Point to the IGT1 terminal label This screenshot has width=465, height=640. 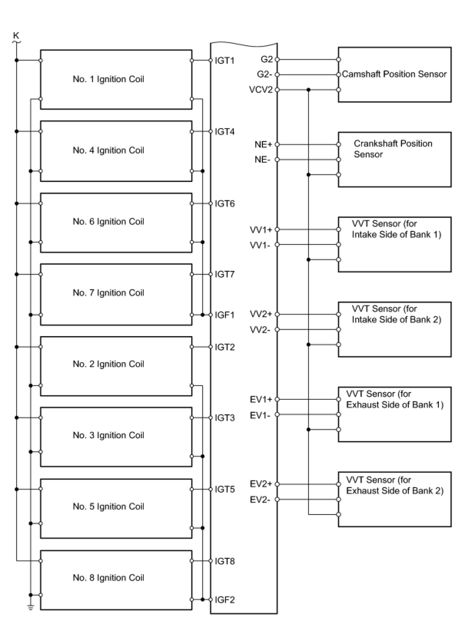[x=225, y=61]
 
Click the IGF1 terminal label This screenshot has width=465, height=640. [x=225, y=315]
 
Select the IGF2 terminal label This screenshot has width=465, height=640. [x=225, y=599]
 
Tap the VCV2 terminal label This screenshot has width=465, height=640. [x=261, y=90]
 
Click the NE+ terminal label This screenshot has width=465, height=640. [x=263, y=145]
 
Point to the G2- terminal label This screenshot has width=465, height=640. [x=264, y=74]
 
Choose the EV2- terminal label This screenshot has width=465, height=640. [x=260, y=500]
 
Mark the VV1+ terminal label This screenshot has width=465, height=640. [x=261, y=229]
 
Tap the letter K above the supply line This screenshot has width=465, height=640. [x=16, y=36]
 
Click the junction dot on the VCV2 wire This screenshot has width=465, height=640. [x=308, y=90]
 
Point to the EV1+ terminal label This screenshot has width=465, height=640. [x=261, y=399]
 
